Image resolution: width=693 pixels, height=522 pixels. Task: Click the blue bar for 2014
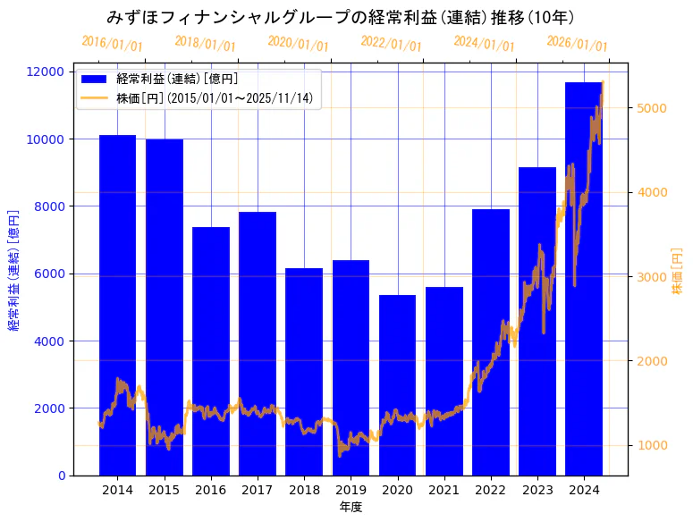point(117,304)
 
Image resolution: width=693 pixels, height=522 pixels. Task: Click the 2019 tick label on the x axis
point(351,490)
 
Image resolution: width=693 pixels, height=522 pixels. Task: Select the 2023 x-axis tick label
point(537,490)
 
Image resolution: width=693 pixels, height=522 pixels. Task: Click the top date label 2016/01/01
point(112,43)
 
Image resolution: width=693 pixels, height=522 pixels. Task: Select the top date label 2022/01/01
point(391,43)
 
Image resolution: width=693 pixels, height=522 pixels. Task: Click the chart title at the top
point(340,17)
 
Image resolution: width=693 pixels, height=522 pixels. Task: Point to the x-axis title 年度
point(351,507)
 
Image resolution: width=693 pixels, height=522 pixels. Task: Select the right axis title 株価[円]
point(677,274)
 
